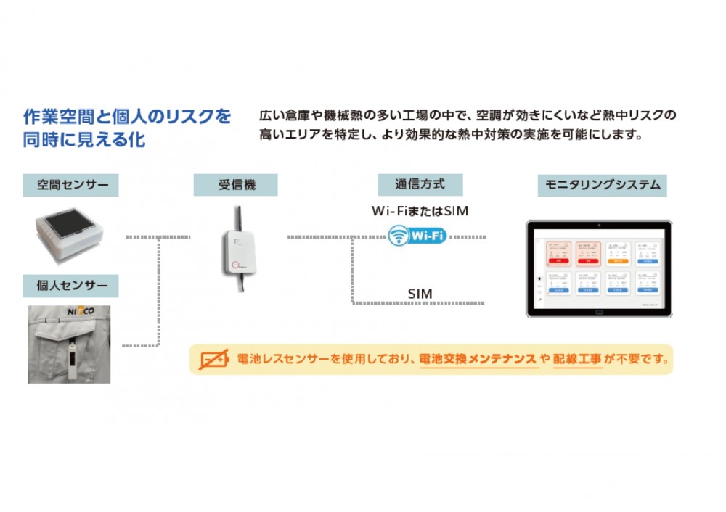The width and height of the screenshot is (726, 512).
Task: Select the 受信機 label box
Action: click(x=236, y=185)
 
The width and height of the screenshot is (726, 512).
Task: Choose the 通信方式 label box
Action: click(x=420, y=185)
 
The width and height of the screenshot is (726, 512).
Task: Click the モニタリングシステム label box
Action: click(x=603, y=185)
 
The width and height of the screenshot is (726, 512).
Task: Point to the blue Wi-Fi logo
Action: click(x=417, y=235)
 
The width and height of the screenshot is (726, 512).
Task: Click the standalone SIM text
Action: click(x=420, y=294)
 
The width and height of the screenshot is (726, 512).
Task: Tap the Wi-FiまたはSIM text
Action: click(x=420, y=212)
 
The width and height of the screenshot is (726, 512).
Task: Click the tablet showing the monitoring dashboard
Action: click(x=599, y=268)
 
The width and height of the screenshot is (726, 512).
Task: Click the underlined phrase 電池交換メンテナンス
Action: click(x=478, y=359)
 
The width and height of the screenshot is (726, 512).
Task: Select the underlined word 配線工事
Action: click(x=578, y=359)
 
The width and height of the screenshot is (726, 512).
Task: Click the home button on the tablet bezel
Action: click(x=599, y=313)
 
